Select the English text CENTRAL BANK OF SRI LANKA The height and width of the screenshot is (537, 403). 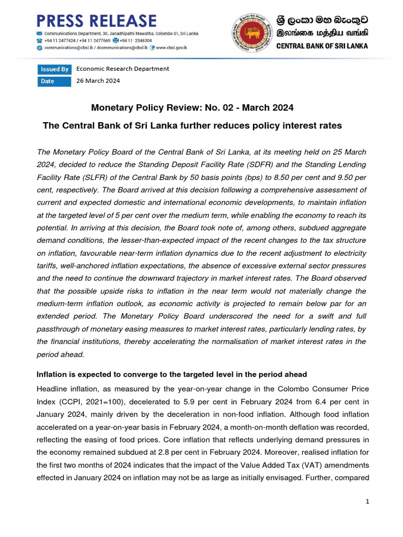322,46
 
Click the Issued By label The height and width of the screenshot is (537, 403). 54,69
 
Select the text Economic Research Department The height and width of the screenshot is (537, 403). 123,69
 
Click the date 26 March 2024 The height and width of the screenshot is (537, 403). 98,81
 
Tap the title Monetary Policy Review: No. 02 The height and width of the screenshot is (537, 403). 192,108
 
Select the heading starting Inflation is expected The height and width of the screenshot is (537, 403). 172,374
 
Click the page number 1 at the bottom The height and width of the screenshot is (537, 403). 368,502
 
